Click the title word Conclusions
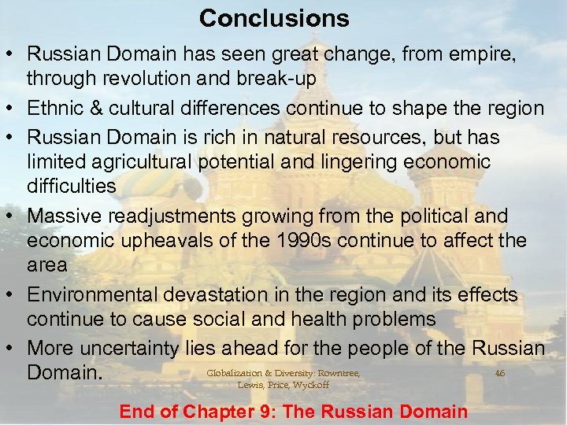click(273, 17)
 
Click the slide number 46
click(500, 372)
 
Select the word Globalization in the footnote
click(234, 372)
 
